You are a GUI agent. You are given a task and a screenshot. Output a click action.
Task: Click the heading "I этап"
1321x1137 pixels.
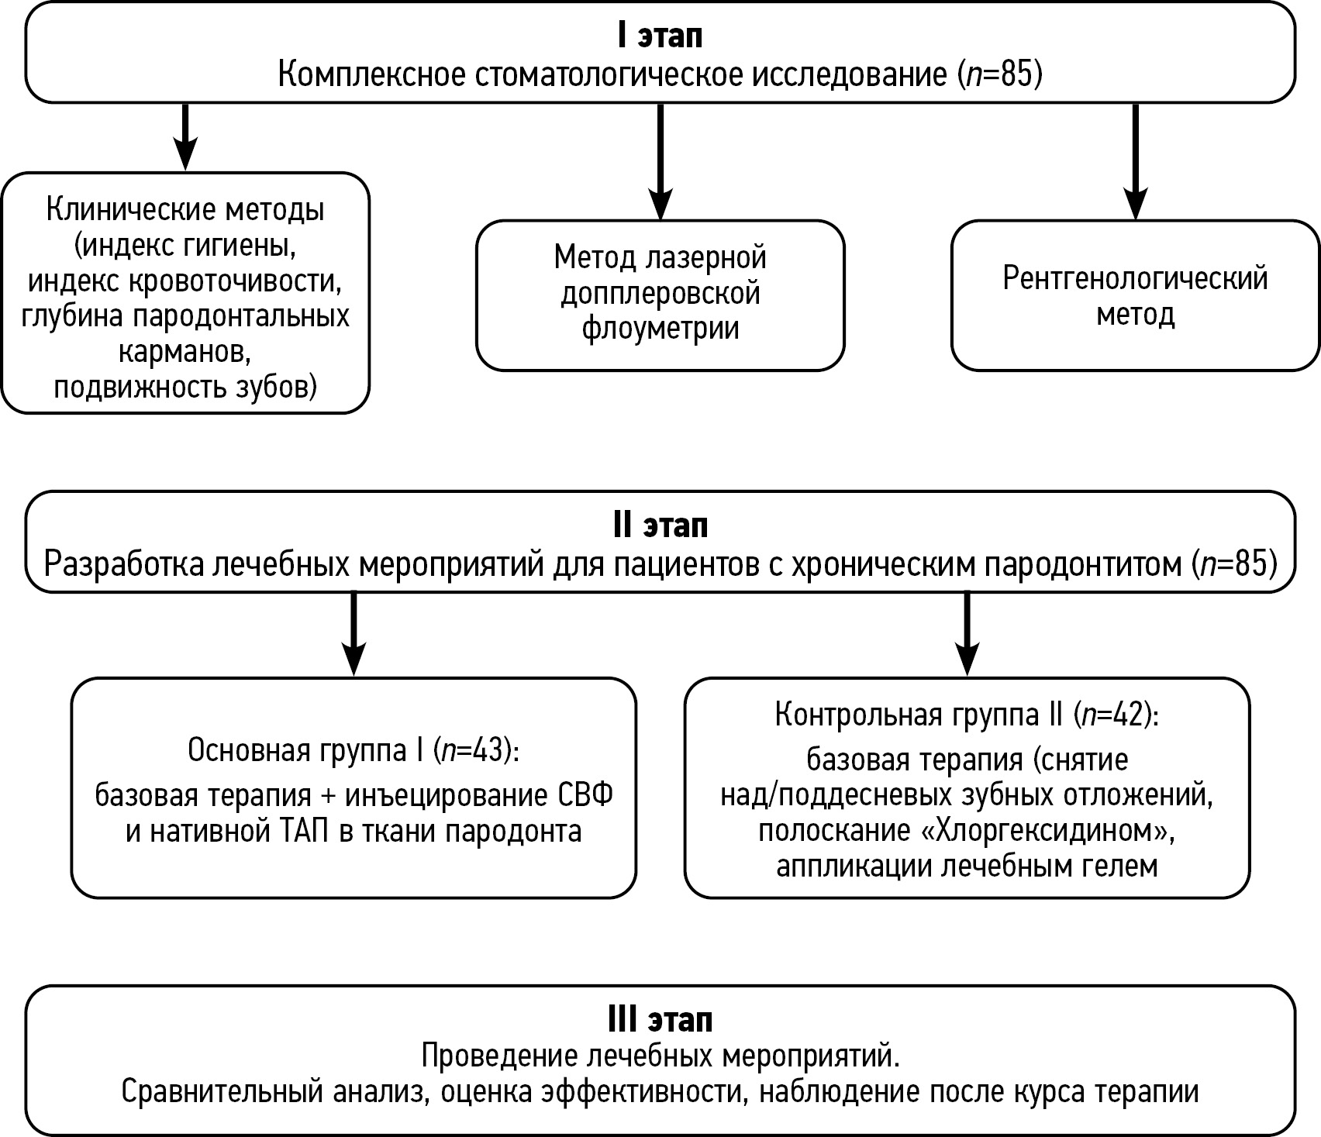[x=660, y=36]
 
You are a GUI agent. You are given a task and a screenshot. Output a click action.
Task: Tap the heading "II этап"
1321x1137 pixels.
[x=660, y=525]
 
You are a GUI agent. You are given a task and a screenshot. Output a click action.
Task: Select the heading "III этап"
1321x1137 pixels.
[x=660, y=1019]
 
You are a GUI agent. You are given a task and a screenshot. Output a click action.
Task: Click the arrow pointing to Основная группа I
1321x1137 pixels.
[x=354, y=633]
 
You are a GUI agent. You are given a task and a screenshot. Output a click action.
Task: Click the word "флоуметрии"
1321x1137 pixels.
[x=660, y=329]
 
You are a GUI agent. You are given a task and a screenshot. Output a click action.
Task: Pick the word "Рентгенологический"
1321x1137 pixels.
[x=1135, y=278]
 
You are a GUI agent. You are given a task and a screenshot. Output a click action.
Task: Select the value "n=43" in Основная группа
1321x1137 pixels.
[x=472, y=749]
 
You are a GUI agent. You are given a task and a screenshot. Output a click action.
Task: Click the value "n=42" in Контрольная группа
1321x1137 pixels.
[x=1113, y=715]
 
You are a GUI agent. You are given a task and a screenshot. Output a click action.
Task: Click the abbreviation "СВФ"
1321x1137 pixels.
[x=585, y=795]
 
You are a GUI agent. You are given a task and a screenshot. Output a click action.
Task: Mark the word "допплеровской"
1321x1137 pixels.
[x=660, y=293]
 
